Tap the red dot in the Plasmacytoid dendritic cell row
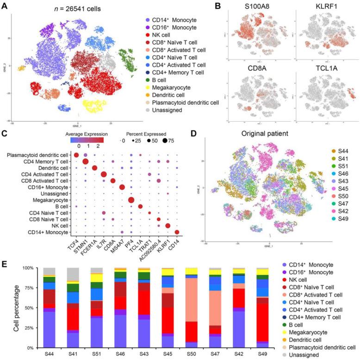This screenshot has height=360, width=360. coord(77,155)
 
